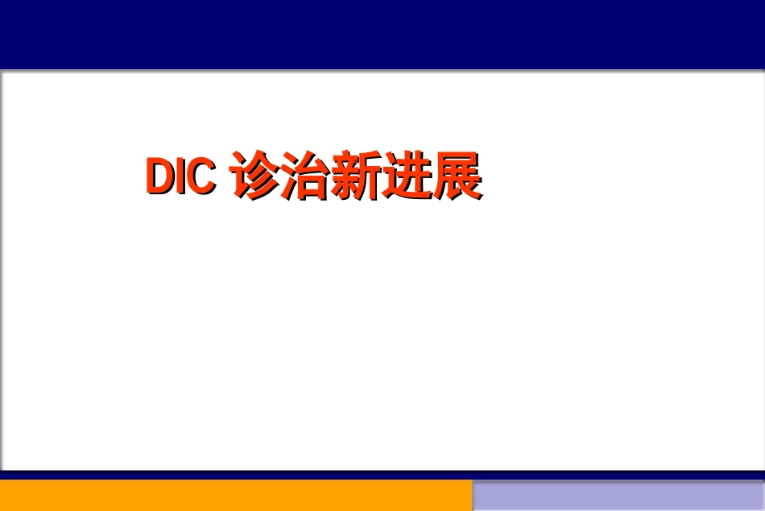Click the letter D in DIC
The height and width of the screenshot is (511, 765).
tap(160, 176)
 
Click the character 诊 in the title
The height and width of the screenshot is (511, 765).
tap(254, 175)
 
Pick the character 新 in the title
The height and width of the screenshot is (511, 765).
tap(355, 175)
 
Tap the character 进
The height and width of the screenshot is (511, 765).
tap(406, 175)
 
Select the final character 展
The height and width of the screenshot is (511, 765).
tap(457, 175)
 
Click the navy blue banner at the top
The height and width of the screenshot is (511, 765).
tap(382, 34)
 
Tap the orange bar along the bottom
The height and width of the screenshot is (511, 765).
tap(236, 496)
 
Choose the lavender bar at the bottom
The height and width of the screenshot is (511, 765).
tap(618, 496)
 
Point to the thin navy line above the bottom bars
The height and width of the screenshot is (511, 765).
tap(382, 475)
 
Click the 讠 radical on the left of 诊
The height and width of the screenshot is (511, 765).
tap(239, 175)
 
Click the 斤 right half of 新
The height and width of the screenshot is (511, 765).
tap(370, 175)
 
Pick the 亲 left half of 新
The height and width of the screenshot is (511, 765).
tap(344, 175)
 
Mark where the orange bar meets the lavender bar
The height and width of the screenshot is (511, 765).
tap(472, 496)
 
